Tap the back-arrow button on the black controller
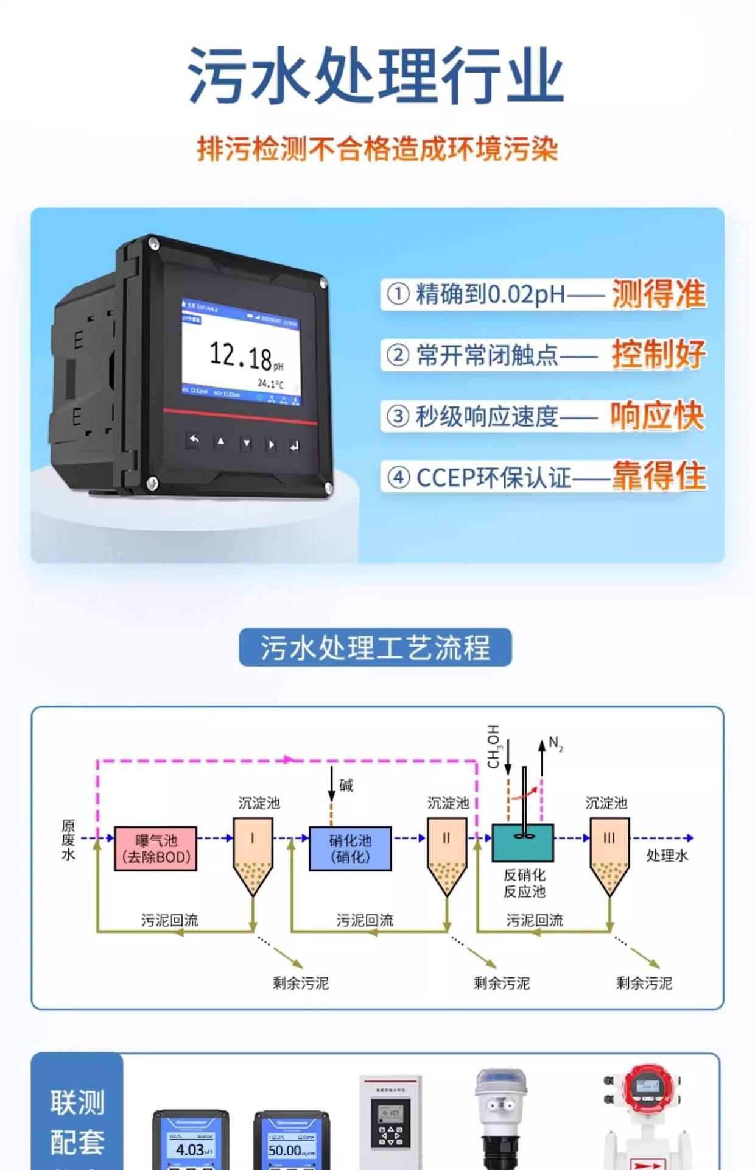click(194, 440)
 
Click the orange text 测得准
click(658, 294)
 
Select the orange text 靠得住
click(659, 477)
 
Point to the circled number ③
click(398, 417)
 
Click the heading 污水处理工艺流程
click(375, 647)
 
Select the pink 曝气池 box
click(156, 848)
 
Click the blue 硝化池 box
click(350, 848)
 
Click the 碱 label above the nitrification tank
click(346, 785)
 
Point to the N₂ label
click(555, 743)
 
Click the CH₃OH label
click(493, 746)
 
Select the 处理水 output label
click(667, 856)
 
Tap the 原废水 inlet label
click(68, 840)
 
